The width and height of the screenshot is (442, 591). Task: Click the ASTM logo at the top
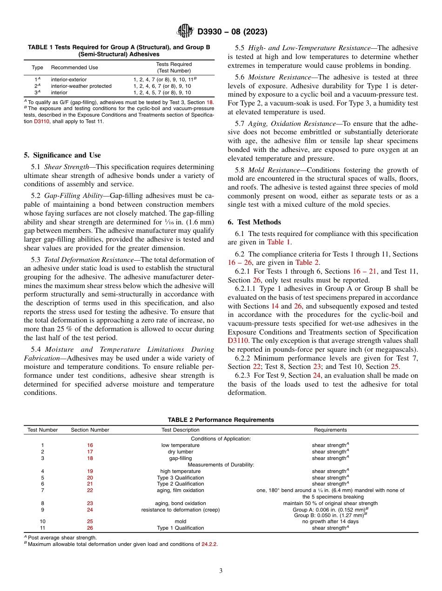(186, 32)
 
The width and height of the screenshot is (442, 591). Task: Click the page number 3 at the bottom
(221, 571)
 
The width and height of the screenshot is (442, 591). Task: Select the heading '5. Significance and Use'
(62, 155)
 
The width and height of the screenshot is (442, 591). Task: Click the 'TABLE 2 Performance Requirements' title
(221, 420)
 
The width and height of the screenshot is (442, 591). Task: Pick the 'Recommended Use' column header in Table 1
(74, 67)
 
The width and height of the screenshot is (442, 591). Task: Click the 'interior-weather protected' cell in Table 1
(81, 86)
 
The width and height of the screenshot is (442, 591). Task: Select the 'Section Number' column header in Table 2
(90, 430)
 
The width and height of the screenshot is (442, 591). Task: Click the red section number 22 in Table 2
(90, 490)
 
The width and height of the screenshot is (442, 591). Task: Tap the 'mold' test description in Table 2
(181, 521)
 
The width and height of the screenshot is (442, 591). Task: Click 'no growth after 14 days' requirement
(330, 521)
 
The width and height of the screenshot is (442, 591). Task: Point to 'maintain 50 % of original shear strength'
(330, 503)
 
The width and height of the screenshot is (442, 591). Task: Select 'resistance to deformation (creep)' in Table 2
(181, 510)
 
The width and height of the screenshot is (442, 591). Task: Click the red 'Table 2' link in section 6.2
(307, 262)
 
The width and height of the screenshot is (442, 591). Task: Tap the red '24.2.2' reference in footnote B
(209, 544)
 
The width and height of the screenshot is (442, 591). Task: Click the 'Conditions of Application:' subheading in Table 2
(221, 438)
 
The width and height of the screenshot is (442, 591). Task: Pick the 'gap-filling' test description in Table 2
(181, 458)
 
